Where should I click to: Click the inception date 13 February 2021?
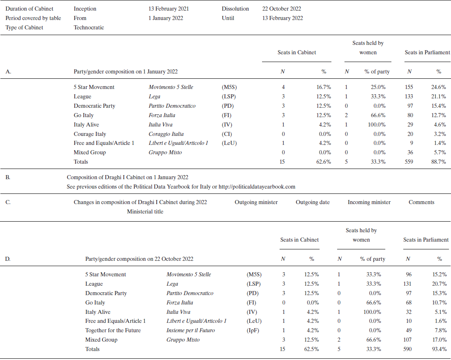click(x=169, y=9)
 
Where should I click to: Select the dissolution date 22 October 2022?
click(x=282, y=9)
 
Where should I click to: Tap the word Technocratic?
click(x=89, y=27)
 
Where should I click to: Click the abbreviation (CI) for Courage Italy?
click(x=227, y=134)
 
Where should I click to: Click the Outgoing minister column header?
click(x=256, y=202)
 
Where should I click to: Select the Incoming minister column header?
click(x=369, y=202)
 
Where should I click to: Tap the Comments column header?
click(x=421, y=202)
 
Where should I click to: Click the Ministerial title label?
click(x=145, y=211)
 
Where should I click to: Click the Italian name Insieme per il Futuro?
click(x=191, y=330)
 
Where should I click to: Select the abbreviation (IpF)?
click(x=253, y=330)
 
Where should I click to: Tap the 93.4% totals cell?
click(x=439, y=349)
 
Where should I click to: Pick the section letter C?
click(x=8, y=202)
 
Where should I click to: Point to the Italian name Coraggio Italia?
click(x=166, y=134)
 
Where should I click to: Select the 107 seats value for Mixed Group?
click(x=409, y=340)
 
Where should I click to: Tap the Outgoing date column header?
click(x=313, y=202)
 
